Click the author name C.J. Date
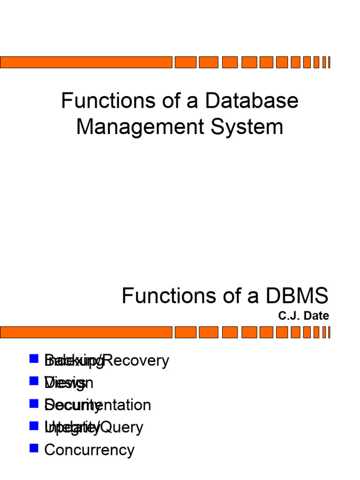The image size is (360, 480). (x=303, y=316)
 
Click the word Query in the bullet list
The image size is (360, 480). (x=122, y=427)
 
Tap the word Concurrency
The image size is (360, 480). (x=89, y=450)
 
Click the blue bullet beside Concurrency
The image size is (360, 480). (x=33, y=449)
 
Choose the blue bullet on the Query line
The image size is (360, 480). (x=33, y=426)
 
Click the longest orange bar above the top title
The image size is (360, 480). (x=86, y=62)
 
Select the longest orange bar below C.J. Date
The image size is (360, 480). (x=86, y=332)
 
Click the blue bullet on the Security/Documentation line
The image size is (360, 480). (x=33, y=404)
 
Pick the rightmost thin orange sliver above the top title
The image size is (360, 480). (x=329, y=62)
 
